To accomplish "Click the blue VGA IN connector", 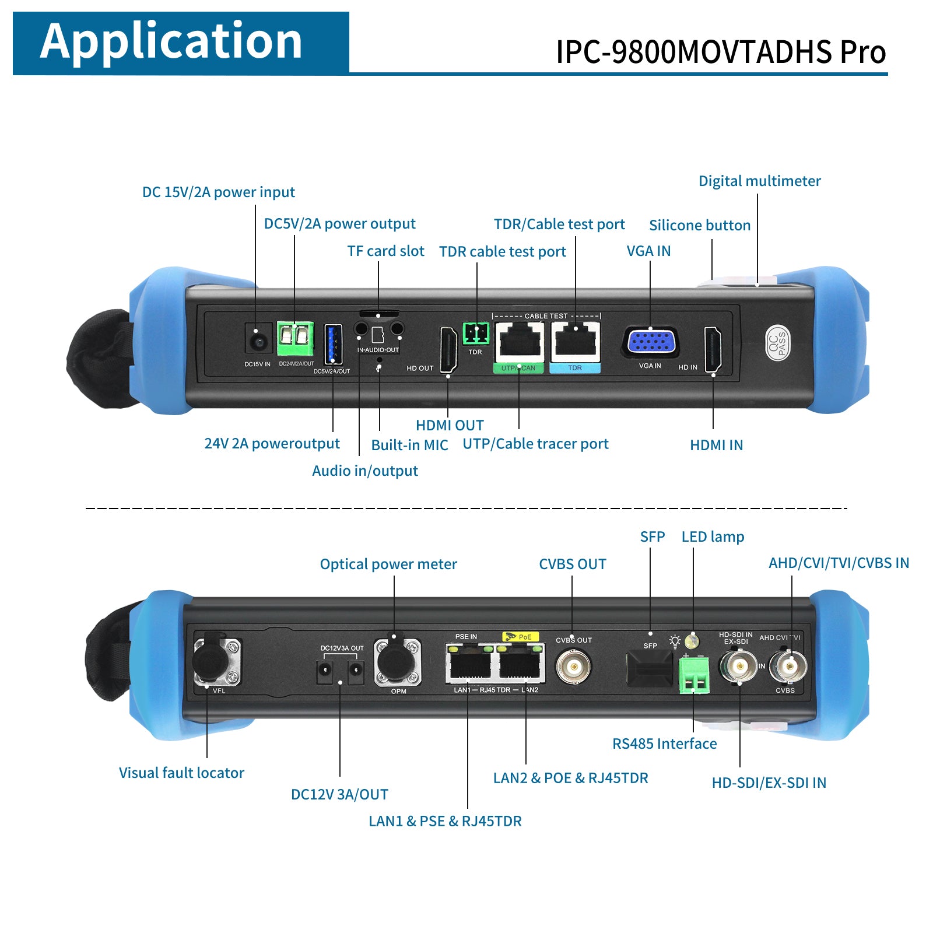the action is [x=650, y=342].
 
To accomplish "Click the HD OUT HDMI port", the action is [x=448, y=349].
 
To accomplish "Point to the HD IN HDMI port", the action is [x=713, y=349].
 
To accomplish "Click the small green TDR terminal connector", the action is [x=476, y=334].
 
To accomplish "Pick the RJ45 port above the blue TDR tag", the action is [x=576, y=342].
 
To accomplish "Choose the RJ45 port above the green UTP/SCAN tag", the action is [x=520, y=342].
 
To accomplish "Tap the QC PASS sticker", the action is [x=777, y=343].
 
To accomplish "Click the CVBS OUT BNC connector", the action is [x=573, y=665].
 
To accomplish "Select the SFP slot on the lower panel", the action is [x=649, y=670].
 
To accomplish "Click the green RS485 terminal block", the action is [x=694, y=675].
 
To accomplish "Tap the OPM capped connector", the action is [x=397, y=662].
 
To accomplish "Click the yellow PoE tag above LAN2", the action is [x=521, y=637].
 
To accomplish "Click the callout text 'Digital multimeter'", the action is [x=759, y=181].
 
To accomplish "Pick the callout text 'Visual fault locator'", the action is [x=181, y=773].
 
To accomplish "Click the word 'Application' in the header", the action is [x=171, y=41].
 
